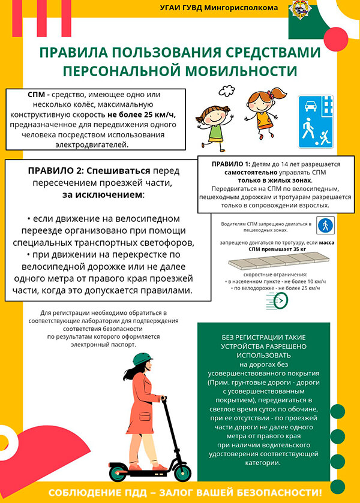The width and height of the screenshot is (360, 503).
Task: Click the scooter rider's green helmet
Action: tap(142, 359)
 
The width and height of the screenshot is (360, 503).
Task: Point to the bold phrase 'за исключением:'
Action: tap(106, 195)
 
